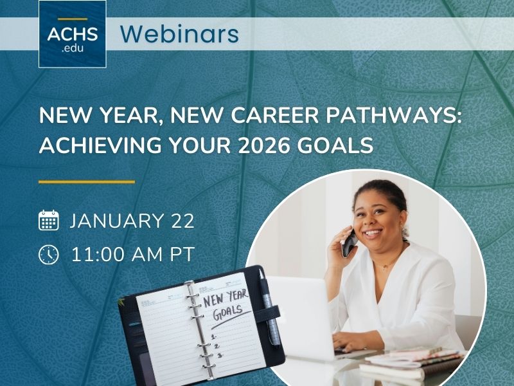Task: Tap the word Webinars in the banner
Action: pos(179,33)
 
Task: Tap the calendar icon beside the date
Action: pos(49,221)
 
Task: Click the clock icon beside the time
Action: pos(49,254)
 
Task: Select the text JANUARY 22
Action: pos(132,221)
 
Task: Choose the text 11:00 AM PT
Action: pos(132,254)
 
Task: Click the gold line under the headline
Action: pos(87,182)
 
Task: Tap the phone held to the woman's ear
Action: pos(349,244)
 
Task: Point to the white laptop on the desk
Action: pos(302,315)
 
